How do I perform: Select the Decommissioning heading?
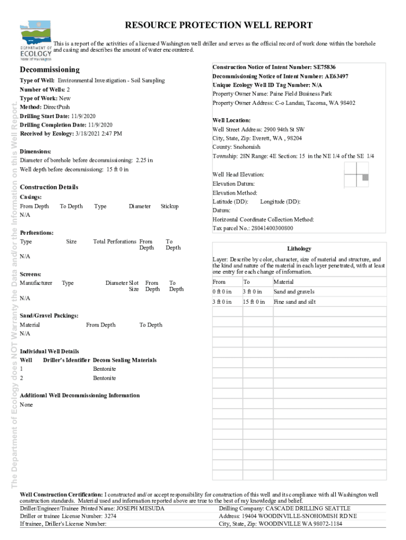(x=50, y=70)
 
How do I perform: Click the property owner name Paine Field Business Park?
(x=301, y=94)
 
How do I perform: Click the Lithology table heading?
(x=299, y=248)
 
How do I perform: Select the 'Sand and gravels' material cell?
(x=294, y=292)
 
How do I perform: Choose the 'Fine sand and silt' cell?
(x=294, y=302)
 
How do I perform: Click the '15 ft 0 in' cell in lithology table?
(x=254, y=302)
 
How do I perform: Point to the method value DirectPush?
(x=56, y=107)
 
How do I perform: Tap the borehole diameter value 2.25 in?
(x=143, y=160)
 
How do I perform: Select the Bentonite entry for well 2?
(x=104, y=378)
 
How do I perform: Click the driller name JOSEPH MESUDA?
(x=140, y=508)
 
